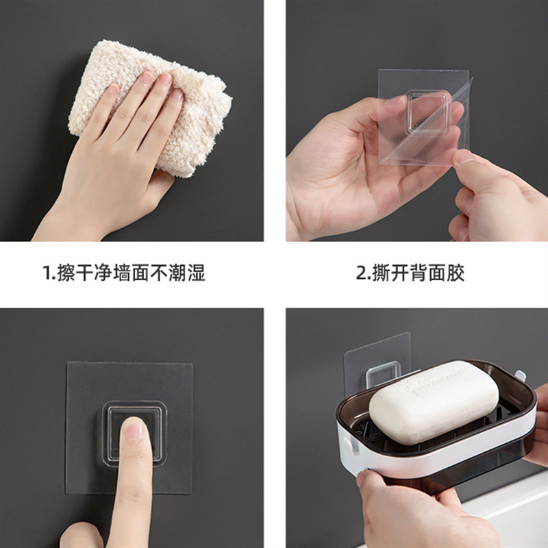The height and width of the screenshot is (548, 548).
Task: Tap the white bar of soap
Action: [434, 402]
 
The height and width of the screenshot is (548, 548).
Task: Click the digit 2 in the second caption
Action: [361, 273]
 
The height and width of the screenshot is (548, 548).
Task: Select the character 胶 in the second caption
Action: [456, 273]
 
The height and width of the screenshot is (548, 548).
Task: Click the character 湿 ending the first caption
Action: [197, 273]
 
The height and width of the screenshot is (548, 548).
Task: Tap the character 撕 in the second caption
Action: [381, 273]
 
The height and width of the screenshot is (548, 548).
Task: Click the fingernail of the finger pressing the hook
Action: [134, 428]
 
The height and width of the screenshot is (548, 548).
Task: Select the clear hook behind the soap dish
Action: [383, 373]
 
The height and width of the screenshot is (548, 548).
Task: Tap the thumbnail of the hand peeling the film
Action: [464, 156]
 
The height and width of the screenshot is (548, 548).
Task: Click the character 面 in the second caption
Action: [437, 273]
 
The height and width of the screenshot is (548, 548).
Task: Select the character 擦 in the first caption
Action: [66, 273]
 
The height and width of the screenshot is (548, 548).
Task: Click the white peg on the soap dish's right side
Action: [521, 376]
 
